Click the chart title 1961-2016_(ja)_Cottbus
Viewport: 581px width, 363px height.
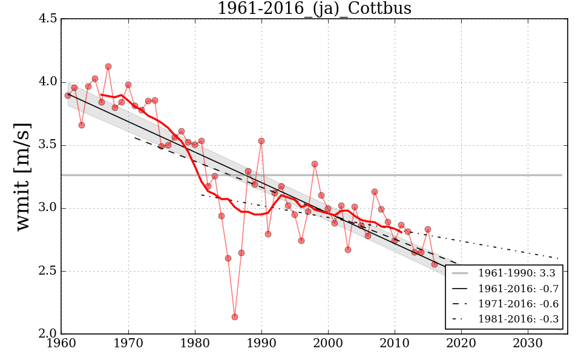click(314, 8)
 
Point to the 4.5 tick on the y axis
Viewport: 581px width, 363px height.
click(50, 19)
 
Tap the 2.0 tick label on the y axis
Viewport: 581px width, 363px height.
click(50, 334)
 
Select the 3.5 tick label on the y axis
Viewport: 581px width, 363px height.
click(50, 145)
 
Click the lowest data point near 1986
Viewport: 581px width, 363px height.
click(235, 317)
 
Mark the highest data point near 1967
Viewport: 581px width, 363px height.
click(108, 67)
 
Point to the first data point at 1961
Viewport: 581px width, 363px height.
click(68, 96)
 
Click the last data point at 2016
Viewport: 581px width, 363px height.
click(435, 264)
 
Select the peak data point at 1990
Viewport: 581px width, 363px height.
click(261, 141)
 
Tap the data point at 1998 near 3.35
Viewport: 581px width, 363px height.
click(315, 164)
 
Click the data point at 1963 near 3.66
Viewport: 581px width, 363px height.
click(82, 125)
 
